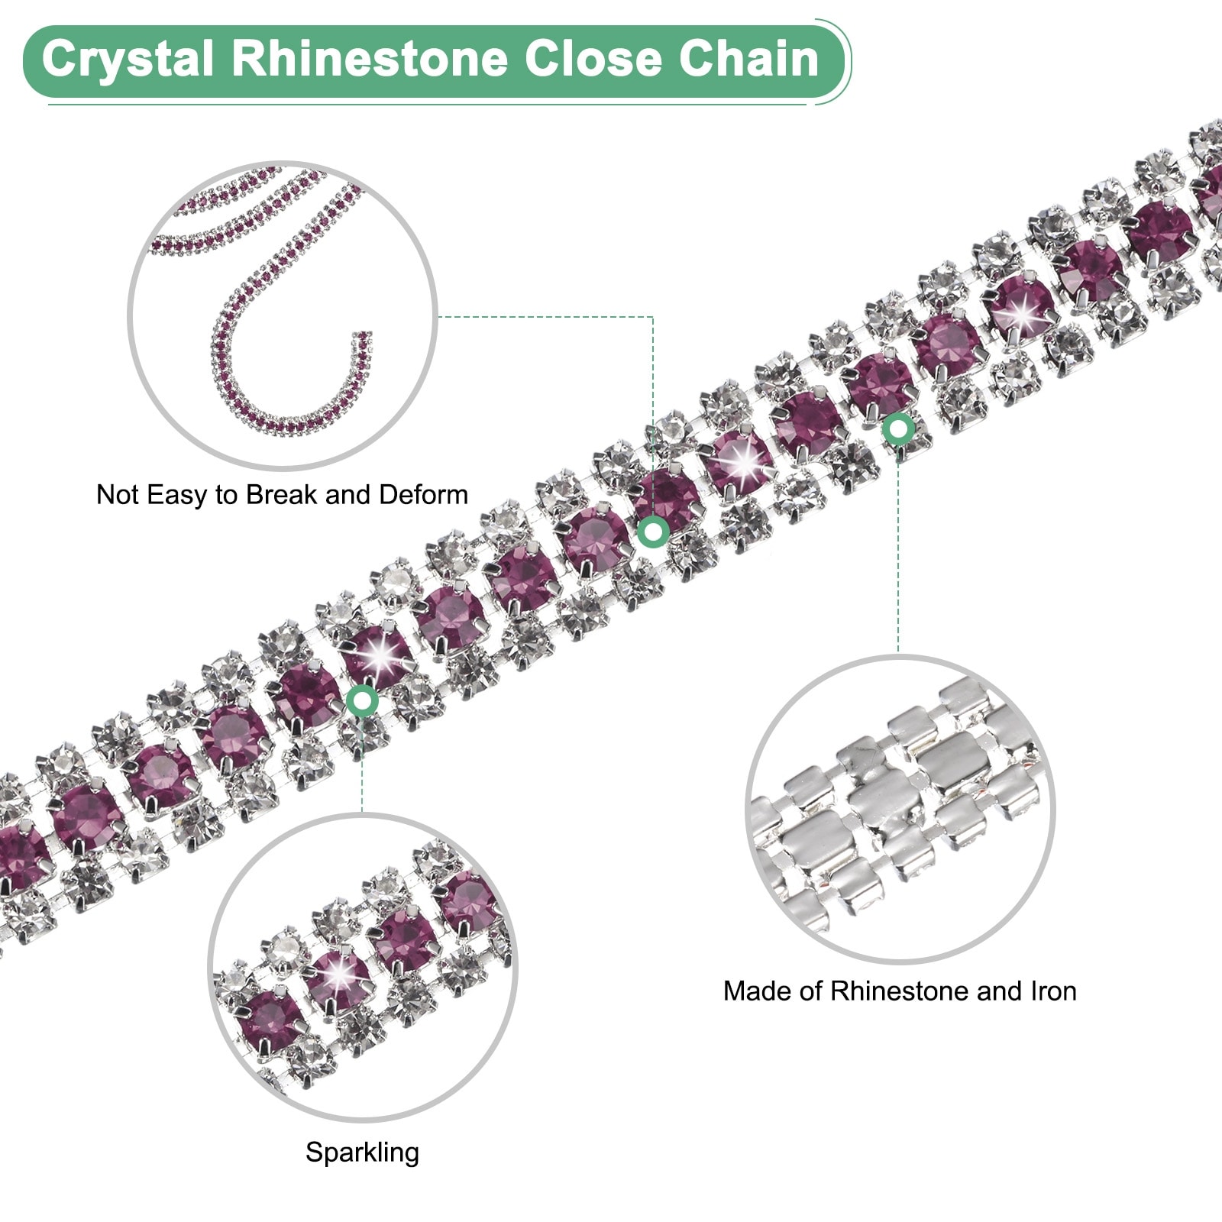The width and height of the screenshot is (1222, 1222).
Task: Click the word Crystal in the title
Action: click(x=127, y=60)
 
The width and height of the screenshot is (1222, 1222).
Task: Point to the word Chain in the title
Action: click(x=748, y=60)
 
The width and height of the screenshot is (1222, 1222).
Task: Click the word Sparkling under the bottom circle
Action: click(x=362, y=1152)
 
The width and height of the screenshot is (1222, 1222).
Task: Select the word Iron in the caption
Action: click(x=1053, y=991)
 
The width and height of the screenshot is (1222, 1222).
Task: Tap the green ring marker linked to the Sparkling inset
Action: click(x=362, y=700)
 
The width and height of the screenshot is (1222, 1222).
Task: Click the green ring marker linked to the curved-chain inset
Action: click(x=653, y=531)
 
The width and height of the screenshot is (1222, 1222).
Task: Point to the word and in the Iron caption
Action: click(x=1001, y=991)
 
